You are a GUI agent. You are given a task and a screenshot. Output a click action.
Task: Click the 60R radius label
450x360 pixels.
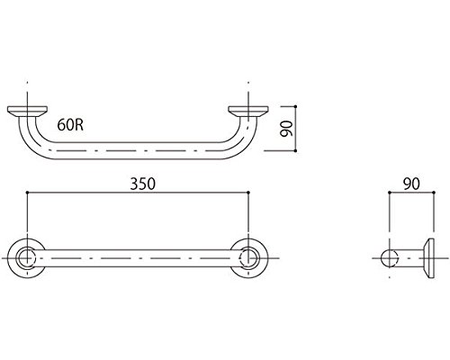coord(70,125)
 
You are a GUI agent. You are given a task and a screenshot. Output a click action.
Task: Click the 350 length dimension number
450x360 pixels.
coord(143,184)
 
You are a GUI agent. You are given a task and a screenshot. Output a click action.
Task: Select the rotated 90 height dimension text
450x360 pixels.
coord(285,129)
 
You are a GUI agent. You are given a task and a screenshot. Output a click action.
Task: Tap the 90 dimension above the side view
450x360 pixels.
coord(411,184)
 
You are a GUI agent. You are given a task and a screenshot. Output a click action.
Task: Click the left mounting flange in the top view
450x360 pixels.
coord(27,111)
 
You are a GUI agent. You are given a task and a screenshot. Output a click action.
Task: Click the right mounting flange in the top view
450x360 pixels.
coord(248,111)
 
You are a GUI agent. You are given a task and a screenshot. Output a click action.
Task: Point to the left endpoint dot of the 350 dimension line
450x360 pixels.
coord(27,192)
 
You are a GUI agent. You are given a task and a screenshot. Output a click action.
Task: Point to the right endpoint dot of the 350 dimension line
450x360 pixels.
coord(248,192)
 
